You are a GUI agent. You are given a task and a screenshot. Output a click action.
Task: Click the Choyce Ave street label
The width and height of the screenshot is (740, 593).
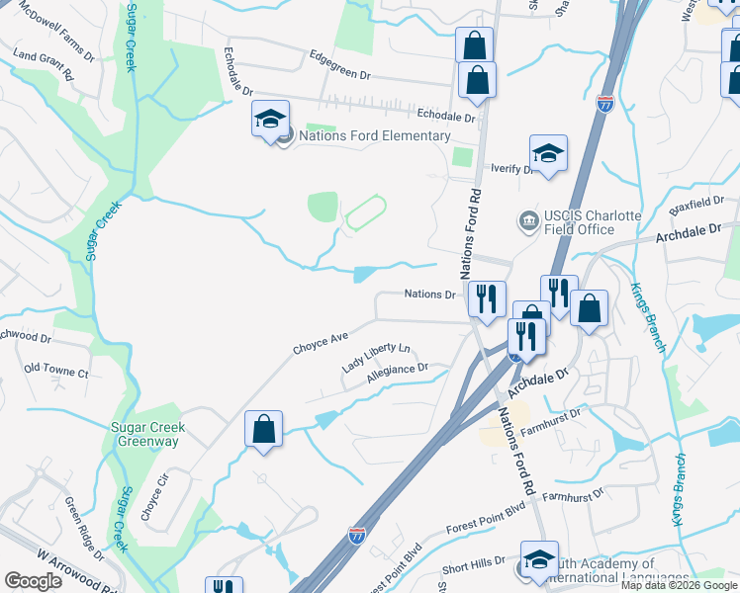tap(321, 343)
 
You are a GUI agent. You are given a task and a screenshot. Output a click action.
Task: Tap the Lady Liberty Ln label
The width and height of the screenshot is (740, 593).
tap(376, 357)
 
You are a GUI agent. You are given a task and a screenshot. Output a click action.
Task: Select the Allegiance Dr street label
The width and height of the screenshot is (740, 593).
tap(397, 373)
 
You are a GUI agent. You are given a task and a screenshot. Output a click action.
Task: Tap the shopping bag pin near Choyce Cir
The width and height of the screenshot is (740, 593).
tap(263, 430)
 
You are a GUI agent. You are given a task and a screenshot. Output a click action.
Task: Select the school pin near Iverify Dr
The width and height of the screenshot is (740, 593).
tap(548, 154)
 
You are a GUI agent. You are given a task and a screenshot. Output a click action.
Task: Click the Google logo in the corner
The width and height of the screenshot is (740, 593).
tap(33, 581)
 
